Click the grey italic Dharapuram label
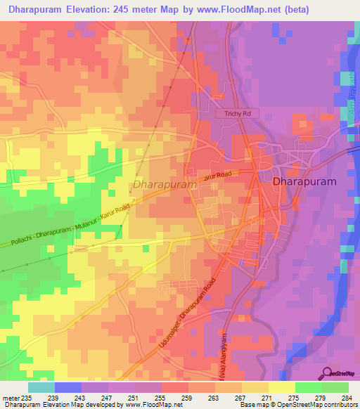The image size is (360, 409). point(164,185)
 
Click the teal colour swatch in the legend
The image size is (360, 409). point(41,387)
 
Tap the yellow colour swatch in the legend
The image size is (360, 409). point(281,387)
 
